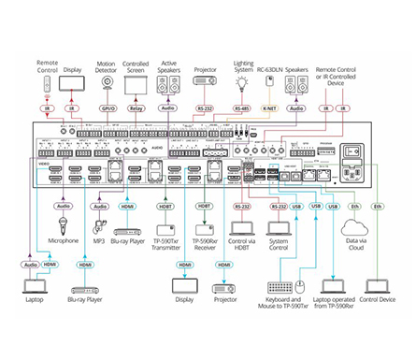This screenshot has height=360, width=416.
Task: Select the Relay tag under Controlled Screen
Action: (x=136, y=108)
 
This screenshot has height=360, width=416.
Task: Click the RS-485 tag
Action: (x=242, y=108)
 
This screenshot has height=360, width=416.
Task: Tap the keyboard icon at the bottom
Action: (x=280, y=289)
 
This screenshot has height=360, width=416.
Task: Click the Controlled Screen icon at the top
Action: (x=137, y=85)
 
